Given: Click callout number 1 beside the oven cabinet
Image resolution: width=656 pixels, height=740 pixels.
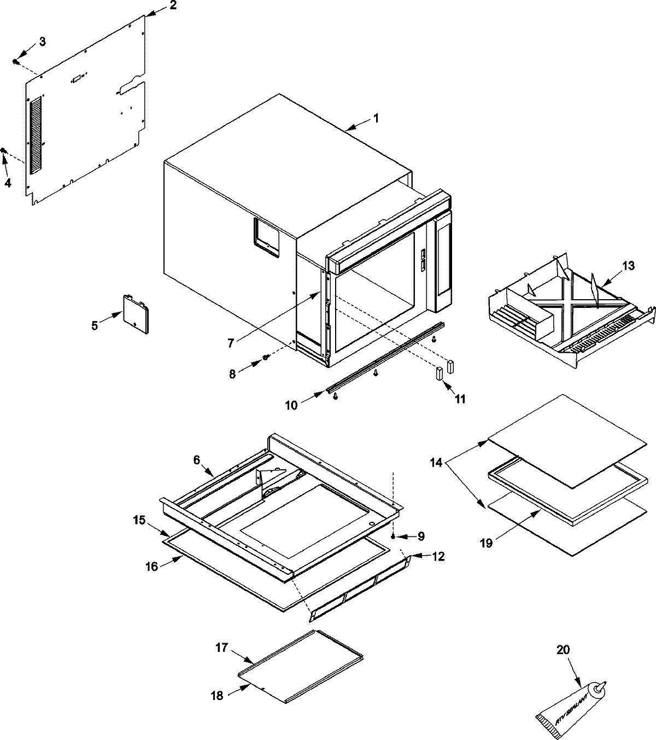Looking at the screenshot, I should click(376, 118).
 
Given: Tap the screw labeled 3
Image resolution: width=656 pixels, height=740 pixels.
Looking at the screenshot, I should click(16, 62).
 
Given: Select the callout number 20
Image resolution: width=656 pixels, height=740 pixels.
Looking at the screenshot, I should click(563, 650).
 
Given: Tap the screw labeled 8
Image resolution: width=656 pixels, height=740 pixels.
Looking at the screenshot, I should click(266, 357).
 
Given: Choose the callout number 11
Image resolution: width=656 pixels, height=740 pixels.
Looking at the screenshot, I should click(460, 399).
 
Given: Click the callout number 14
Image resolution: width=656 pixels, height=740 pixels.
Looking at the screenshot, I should click(436, 463).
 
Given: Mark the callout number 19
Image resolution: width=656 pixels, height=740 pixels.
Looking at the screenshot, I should click(487, 543).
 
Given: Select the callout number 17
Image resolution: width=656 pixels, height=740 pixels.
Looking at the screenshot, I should click(221, 647).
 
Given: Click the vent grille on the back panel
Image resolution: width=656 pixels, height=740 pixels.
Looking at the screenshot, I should click(36, 137).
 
